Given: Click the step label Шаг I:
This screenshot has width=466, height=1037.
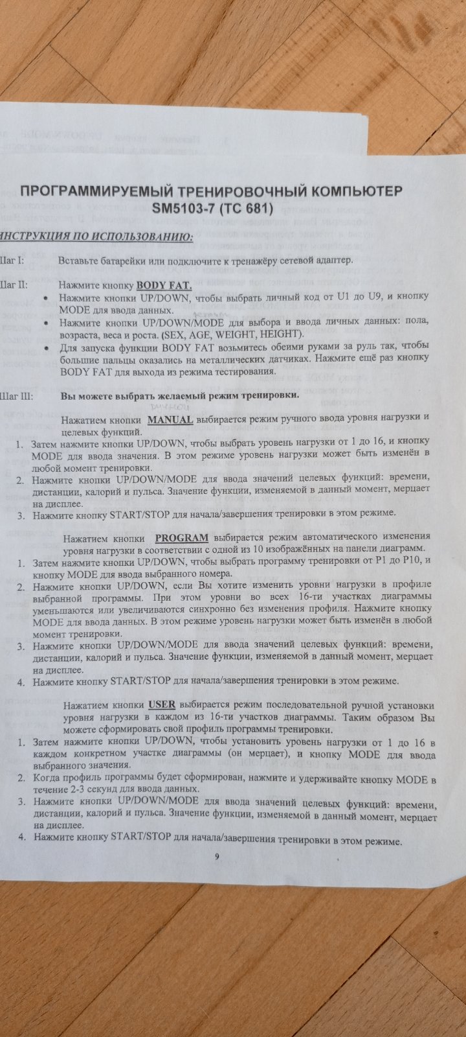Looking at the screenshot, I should (12, 261).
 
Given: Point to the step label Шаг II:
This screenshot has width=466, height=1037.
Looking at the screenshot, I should (14, 284).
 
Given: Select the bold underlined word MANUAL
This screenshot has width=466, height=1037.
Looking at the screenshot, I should (170, 419).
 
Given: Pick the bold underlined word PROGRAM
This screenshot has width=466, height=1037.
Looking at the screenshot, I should (182, 537).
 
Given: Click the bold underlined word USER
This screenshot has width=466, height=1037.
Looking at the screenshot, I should (162, 704).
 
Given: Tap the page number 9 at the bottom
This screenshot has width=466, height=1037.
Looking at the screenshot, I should (217, 856).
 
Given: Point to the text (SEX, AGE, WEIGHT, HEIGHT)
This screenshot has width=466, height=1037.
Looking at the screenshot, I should (233, 334).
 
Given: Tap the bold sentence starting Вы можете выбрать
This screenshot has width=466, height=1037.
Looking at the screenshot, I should (179, 395).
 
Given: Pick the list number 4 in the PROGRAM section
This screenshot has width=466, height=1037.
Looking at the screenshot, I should (21, 682).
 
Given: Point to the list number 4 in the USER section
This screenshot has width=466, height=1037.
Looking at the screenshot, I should (21, 837).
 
